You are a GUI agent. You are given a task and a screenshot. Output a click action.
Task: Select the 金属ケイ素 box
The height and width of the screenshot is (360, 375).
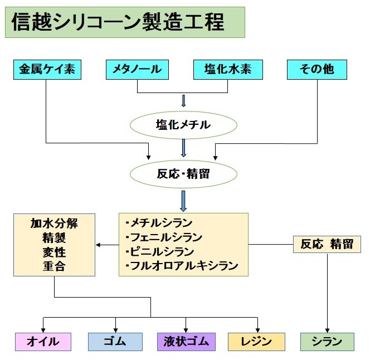coord(46,70)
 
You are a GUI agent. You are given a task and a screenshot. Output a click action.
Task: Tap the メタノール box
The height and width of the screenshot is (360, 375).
coord(137,70)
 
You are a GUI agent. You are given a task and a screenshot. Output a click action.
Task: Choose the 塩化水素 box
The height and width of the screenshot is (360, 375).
coord(228,70)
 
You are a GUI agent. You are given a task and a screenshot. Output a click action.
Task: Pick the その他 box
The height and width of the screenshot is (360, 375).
coord(317,70)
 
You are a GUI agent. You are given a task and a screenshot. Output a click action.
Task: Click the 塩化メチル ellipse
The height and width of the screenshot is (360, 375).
coord(183,124)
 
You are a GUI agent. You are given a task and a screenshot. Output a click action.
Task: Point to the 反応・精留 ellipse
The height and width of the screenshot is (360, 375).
coord(183,173)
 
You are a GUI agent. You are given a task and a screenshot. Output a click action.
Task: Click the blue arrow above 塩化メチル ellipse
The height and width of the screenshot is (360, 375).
coord(183,101)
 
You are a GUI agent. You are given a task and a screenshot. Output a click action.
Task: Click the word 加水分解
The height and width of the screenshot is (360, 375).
coord(54,224)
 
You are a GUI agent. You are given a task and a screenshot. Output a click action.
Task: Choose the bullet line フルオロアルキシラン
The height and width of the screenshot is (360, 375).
coord(182,266)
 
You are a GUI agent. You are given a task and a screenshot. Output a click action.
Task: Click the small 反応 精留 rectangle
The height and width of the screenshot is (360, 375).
coord(327,244)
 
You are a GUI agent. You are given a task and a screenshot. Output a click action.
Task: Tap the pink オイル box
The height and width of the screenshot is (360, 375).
coord(43,342)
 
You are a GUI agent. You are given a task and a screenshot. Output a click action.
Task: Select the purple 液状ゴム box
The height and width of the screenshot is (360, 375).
coord(186,342)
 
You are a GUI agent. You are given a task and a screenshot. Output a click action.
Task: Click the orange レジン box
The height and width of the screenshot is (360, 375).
coord(257,342)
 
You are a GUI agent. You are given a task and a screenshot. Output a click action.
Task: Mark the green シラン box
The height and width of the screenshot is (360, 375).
coord(327,342)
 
